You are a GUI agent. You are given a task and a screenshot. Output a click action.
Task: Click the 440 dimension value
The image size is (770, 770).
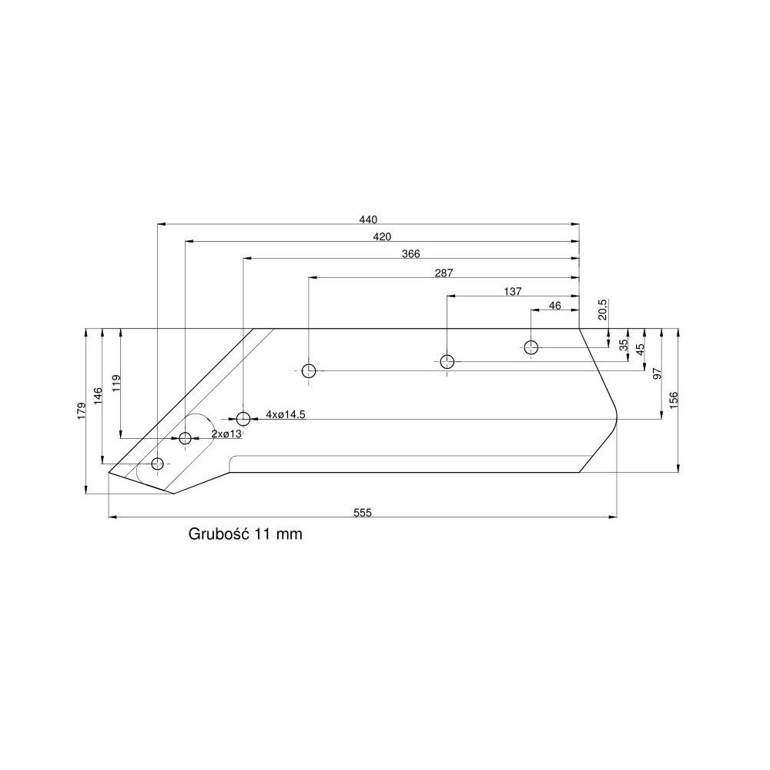coord(368,219)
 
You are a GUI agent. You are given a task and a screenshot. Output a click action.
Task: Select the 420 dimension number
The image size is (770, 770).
coord(382,236)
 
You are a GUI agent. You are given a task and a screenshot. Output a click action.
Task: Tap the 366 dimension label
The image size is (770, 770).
coord(410,253)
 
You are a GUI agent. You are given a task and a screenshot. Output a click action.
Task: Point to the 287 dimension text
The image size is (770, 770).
coord(444,273)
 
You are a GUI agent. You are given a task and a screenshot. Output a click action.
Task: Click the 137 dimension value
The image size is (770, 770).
coord(513,291)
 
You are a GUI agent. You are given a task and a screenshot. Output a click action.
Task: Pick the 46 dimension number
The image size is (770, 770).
coord(554,306)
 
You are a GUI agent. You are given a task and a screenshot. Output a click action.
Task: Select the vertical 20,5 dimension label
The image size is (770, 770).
coord(603,309)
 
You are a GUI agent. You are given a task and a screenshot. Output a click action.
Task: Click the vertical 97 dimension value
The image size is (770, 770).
coord(657,373)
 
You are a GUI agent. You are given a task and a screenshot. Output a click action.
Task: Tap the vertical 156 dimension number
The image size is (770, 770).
coord(673,400)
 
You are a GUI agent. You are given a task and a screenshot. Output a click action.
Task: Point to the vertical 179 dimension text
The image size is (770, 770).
coord(81,410)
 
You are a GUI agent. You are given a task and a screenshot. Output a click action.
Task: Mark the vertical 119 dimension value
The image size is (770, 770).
coord(116,383)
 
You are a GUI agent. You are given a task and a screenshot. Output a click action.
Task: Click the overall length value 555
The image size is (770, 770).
coord(363,513)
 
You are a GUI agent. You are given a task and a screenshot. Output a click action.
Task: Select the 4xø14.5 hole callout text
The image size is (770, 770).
coord(285,414)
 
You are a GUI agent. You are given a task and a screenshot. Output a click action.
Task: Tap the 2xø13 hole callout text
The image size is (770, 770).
coord(226,434)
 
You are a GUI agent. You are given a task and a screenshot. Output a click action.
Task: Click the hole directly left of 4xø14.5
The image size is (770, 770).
coord(243,419)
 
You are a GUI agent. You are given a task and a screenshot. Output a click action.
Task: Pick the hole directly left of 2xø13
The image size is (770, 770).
coord(186,438)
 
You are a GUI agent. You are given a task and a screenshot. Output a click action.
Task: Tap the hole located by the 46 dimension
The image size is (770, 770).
coord(531,347)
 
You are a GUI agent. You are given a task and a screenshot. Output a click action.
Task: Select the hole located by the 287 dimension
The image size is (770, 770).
coord(309,371)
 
